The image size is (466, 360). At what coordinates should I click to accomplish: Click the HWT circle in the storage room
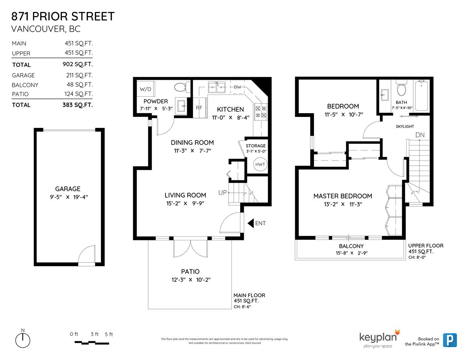tap(260, 164)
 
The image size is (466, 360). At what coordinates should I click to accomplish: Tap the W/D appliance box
tap(146, 89)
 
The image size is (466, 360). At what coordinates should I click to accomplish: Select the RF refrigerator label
tap(199, 108)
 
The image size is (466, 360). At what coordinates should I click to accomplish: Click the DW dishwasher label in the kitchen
tap(238, 87)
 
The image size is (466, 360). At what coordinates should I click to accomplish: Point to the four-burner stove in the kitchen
tap(261, 112)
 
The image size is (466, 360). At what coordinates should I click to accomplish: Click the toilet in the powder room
tap(182, 87)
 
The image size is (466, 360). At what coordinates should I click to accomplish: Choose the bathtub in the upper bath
tap(422, 96)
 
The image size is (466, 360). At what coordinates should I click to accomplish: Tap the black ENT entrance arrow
tap(251, 223)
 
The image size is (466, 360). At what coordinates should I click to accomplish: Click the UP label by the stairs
tap(222, 193)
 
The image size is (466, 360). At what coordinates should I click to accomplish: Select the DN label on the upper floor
tap(420, 135)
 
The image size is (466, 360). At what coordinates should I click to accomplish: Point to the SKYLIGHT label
tap(405, 126)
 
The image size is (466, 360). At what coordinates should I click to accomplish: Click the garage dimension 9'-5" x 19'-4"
tap(69, 197)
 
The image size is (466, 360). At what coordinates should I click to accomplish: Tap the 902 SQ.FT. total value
tap(78, 64)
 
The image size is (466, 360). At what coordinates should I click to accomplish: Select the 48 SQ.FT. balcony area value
tap(80, 85)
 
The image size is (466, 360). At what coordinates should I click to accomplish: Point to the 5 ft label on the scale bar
tap(109, 334)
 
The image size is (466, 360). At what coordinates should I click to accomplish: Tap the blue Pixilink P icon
tap(450, 340)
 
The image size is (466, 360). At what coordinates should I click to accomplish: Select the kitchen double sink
tap(216, 87)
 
